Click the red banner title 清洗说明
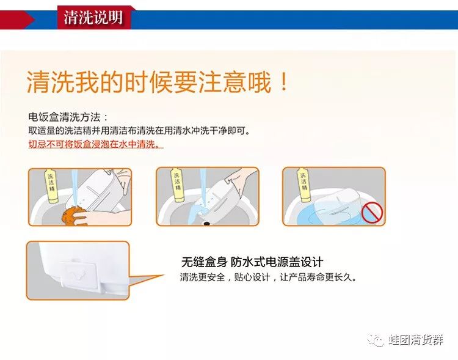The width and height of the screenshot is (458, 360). tap(93, 18)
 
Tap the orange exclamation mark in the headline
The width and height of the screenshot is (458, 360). tap(283, 81)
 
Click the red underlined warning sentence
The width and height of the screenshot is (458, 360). tap(96, 144)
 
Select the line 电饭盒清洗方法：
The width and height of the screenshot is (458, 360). tap(68, 117)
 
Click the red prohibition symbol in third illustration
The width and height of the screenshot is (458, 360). tap(372, 213)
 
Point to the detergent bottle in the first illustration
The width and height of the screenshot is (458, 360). tap(51, 186)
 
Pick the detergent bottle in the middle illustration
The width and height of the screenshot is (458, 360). tap(177, 185)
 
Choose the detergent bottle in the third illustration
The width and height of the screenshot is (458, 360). tap(304, 183)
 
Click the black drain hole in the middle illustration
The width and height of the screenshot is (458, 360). tap(207, 224)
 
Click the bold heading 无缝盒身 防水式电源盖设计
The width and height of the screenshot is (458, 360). tap(252, 262)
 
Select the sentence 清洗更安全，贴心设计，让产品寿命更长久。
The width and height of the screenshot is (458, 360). tap(269, 277)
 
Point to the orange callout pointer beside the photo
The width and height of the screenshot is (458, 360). tap(146, 280)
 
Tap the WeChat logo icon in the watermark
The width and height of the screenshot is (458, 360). tap(376, 340)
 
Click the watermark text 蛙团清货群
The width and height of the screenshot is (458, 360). tap(416, 340)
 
